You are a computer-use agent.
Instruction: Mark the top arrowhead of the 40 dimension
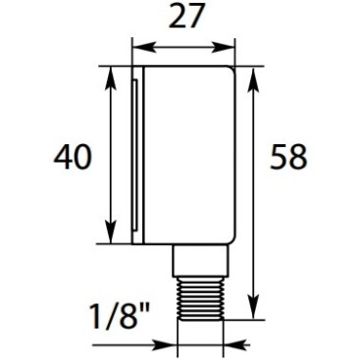click(x=108, y=75)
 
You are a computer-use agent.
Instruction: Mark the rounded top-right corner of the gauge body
click(x=231, y=71)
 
